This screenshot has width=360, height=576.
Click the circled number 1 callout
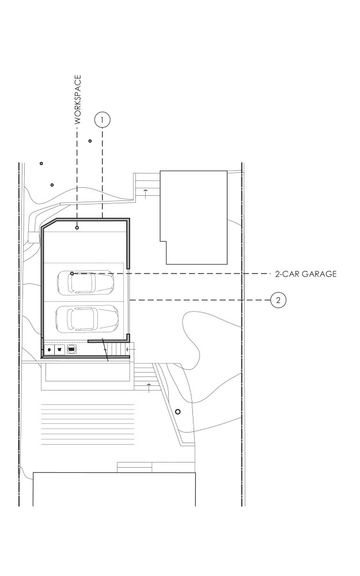point(103,120)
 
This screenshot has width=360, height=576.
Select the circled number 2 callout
point(278,300)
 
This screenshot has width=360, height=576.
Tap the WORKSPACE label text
point(78,100)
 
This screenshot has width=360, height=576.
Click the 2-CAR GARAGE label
point(306,274)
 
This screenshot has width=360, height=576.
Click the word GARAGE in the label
point(320,274)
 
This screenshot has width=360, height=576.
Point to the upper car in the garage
point(86,282)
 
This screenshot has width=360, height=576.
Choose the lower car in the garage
point(87,318)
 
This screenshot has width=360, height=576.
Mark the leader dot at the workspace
point(77,228)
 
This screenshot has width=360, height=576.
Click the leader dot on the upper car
point(72,274)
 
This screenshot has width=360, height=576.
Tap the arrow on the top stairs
point(146,194)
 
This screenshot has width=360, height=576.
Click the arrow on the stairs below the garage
point(149,387)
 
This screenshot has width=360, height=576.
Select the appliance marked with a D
point(49,350)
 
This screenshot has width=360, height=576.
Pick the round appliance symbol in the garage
point(72,350)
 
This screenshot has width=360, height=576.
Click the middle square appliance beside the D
point(60,350)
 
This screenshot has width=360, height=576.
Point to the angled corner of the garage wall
point(49,223)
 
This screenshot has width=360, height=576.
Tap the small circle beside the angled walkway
point(178,412)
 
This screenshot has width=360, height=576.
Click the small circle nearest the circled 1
point(90,141)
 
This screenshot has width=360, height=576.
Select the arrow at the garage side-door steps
point(129,350)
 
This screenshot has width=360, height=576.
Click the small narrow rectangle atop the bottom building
point(134,467)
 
